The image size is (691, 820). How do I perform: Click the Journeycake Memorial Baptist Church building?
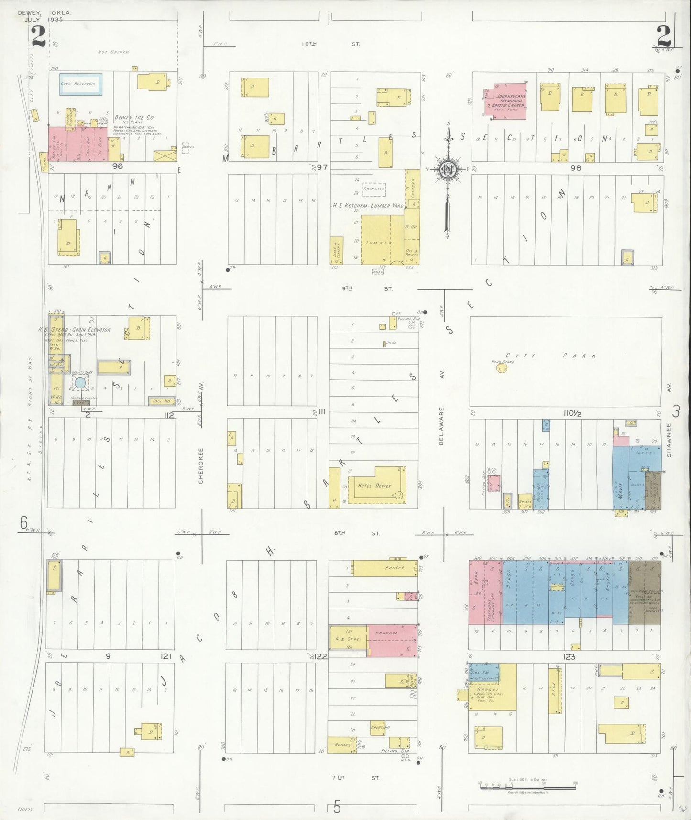point(506,101)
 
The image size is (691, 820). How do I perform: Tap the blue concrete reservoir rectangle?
point(80,84)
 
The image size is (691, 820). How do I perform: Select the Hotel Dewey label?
point(374,486)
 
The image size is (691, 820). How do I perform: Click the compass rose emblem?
point(448,169)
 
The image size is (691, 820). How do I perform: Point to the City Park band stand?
point(502,368)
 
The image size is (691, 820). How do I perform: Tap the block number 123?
point(569,657)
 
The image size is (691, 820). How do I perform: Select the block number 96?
point(117,166)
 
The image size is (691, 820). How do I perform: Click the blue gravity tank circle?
point(80,382)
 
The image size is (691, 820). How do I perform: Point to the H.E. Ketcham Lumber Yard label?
point(368,205)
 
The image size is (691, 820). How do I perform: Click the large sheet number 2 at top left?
point(38,36)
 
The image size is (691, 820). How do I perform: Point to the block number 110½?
point(572,413)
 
